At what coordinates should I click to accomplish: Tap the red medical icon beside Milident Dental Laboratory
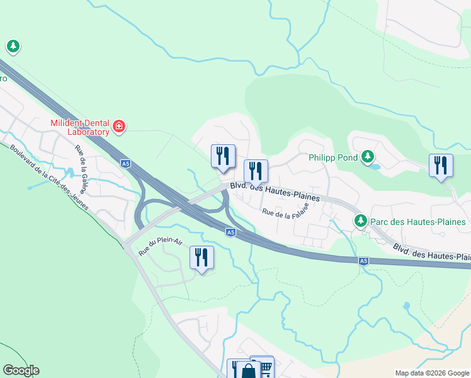(x=119, y=128)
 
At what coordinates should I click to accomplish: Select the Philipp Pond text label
(x=333, y=157)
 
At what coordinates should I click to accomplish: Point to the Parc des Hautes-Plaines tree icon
(x=360, y=221)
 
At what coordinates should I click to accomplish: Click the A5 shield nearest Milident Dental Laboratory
(x=127, y=164)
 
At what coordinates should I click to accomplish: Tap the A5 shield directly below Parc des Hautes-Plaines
(x=363, y=261)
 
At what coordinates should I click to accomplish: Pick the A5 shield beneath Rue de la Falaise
(x=231, y=232)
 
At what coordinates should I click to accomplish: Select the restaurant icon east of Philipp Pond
(x=441, y=165)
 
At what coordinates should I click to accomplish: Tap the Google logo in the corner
(x=21, y=370)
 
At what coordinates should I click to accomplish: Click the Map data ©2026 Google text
(x=432, y=373)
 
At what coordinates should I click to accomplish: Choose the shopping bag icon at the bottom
(x=247, y=371)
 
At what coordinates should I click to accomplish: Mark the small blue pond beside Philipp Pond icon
(x=375, y=167)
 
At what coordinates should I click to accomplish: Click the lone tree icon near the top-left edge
(x=13, y=46)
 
